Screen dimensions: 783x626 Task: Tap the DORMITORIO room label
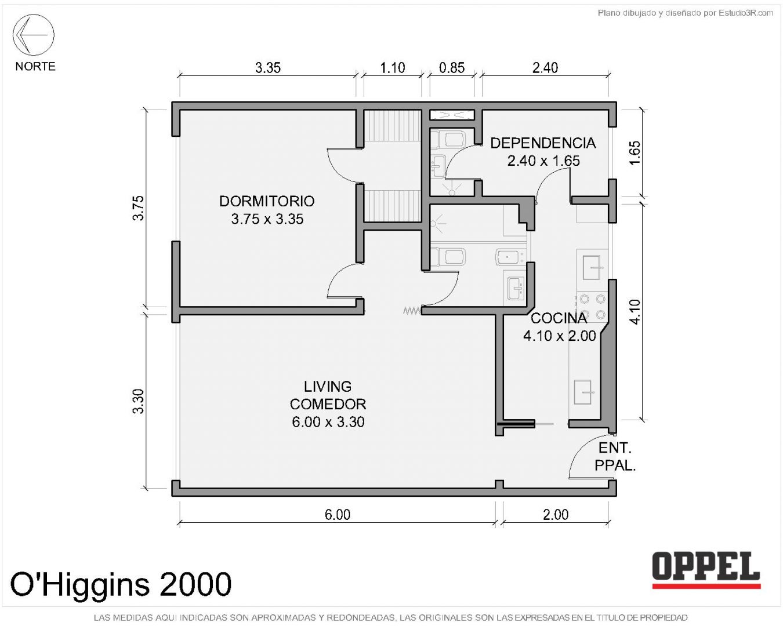pyautogui.click(x=267, y=201)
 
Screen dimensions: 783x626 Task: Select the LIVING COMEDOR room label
pyautogui.click(x=328, y=395)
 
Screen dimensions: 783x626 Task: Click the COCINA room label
pyautogui.click(x=559, y=318)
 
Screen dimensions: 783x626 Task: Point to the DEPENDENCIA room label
pyautogui.click(x=543, y=143)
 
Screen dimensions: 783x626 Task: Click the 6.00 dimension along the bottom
pyautogui.click(x=338, y=515)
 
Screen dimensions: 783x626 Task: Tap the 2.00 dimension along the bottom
pyautogui.click(x=556, y=515)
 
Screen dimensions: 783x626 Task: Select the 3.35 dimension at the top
pyautogui.click(x=268, y=68)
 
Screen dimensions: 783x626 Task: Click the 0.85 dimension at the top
pyautogui.click(x=452, y=68)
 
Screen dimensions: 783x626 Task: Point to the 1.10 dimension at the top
pyautogui.click(x=393, y=68)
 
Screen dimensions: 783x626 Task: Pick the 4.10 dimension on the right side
pyautogui.click(x=635, y=311)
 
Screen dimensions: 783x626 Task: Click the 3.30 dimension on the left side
pyautogui.click(x=139, y=401)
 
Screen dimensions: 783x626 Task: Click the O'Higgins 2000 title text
pyautogui.click(x=121, y=584)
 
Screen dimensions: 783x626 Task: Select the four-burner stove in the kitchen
pyautogui.click(x=592, y=307)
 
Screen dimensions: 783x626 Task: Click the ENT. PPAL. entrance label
pyautogui.click(x=615, y=457)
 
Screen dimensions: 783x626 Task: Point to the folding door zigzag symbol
pyautogui.click(x=412, y=311)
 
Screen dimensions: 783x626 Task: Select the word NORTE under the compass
pyautogui.click(x=35, y=67)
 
